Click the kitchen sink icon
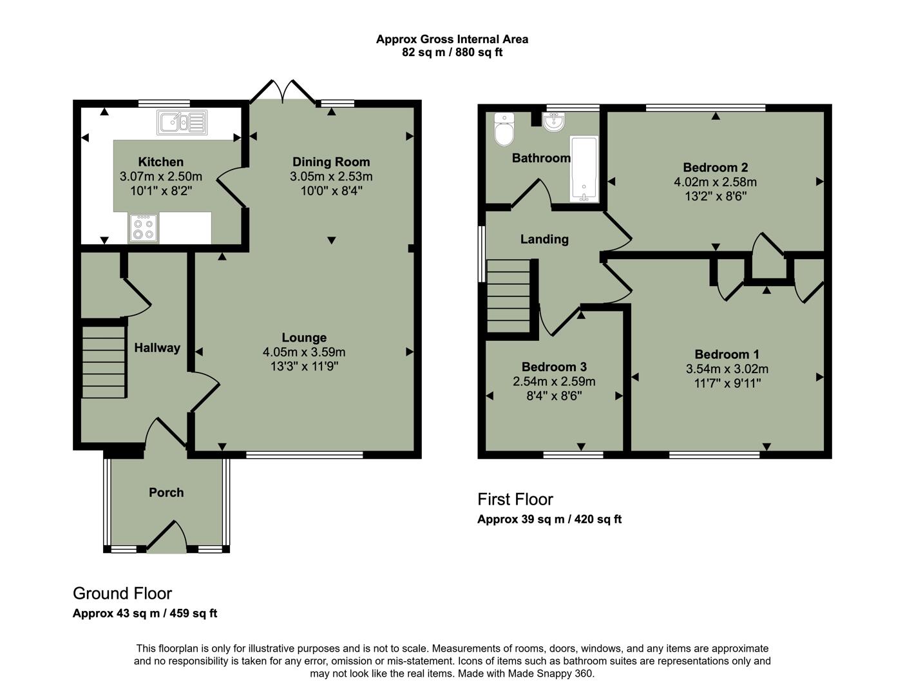[182, 122]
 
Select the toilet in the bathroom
[503, 130]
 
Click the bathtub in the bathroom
[584, 169]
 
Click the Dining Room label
[331, 162]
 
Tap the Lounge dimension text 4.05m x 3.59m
[304, 352]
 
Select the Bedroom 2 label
[715, 168]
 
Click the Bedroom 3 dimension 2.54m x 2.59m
[554, 382]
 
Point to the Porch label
[166, 492]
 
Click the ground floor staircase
[104, 362]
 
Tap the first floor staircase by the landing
[508, 298]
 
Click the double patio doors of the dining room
[282, 92]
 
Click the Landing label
[544, 239]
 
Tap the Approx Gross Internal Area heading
[452, 39]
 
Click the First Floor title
[515, 499]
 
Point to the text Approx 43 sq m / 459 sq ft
[145, 614]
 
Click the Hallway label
[157, 348]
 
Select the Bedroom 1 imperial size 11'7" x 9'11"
[727, 383]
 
